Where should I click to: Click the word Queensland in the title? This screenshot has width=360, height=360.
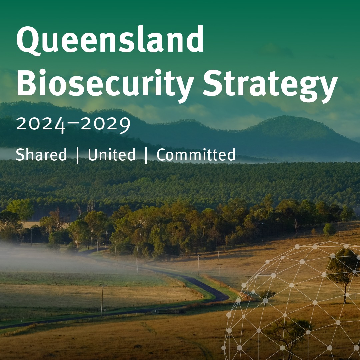110,39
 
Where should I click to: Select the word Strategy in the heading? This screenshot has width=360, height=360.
270,85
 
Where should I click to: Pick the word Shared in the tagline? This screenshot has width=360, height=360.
41,154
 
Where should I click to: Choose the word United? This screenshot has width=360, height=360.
112,154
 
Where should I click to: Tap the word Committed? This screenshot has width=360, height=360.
196,154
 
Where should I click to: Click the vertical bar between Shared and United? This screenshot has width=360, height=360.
78,155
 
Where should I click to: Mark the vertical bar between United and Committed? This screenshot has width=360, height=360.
146,155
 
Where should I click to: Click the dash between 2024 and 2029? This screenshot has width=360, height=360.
74,123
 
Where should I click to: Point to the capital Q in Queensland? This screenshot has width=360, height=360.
28,40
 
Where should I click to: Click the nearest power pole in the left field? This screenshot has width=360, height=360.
102,301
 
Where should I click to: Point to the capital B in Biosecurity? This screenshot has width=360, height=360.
27,83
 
